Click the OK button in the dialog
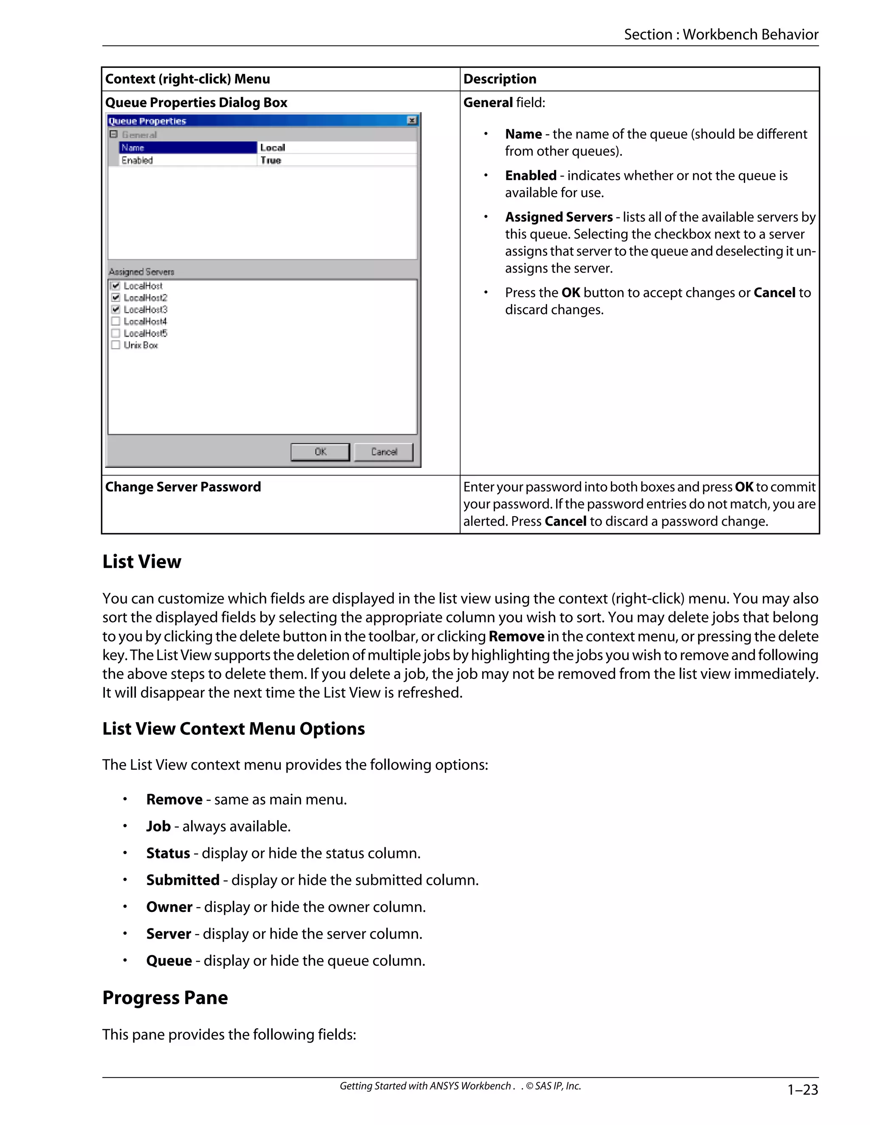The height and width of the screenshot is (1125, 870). (x=320, y=452)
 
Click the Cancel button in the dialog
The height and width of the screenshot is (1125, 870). (x=384, y=452)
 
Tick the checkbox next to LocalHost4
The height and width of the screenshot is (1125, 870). (x=116, y=321)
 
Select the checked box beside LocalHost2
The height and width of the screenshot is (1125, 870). (x=116, y=298)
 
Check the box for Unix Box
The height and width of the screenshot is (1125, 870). (x=116, y=345)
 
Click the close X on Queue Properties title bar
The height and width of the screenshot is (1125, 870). (x=412, y=121)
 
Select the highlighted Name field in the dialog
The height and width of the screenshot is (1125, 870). (x=188, y=148)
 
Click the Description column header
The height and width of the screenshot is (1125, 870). (x=500, y=79)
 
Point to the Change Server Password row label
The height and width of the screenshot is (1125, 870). (x=183, y=487)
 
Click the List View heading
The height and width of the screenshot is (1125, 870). (x=142, y=562)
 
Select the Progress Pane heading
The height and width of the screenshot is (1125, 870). (x=165, y=998)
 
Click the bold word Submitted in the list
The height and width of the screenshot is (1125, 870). (x=182, y=880)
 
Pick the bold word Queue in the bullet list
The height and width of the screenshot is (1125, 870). (x=169, y=961)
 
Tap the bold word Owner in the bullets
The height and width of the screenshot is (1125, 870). (x=169, y=907)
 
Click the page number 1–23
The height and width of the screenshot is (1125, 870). (x=802, y=1090)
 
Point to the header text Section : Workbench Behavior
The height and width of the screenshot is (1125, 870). (x=721, y=34)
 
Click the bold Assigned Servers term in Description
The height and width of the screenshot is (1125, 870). (x=559, y=217)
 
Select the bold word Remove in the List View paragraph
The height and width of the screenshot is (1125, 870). (x=516, y=636)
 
